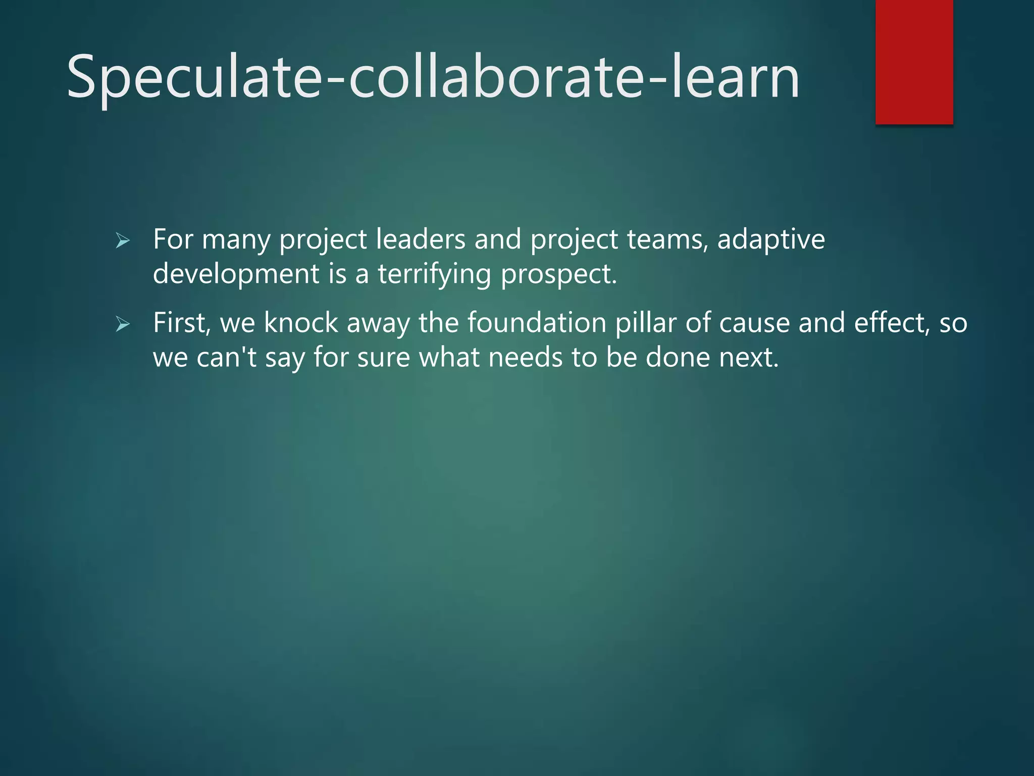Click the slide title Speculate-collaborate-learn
(433, 77)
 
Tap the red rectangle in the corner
(914, 62)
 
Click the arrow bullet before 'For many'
(123, 240)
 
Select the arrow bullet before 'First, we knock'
(123, 324)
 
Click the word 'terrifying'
(434, 274)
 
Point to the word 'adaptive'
(771, 239)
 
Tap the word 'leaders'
(421, 239)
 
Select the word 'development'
(236, 274)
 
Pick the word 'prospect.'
(559, 274)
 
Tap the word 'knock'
(301, 323)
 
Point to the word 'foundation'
(537, 323)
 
